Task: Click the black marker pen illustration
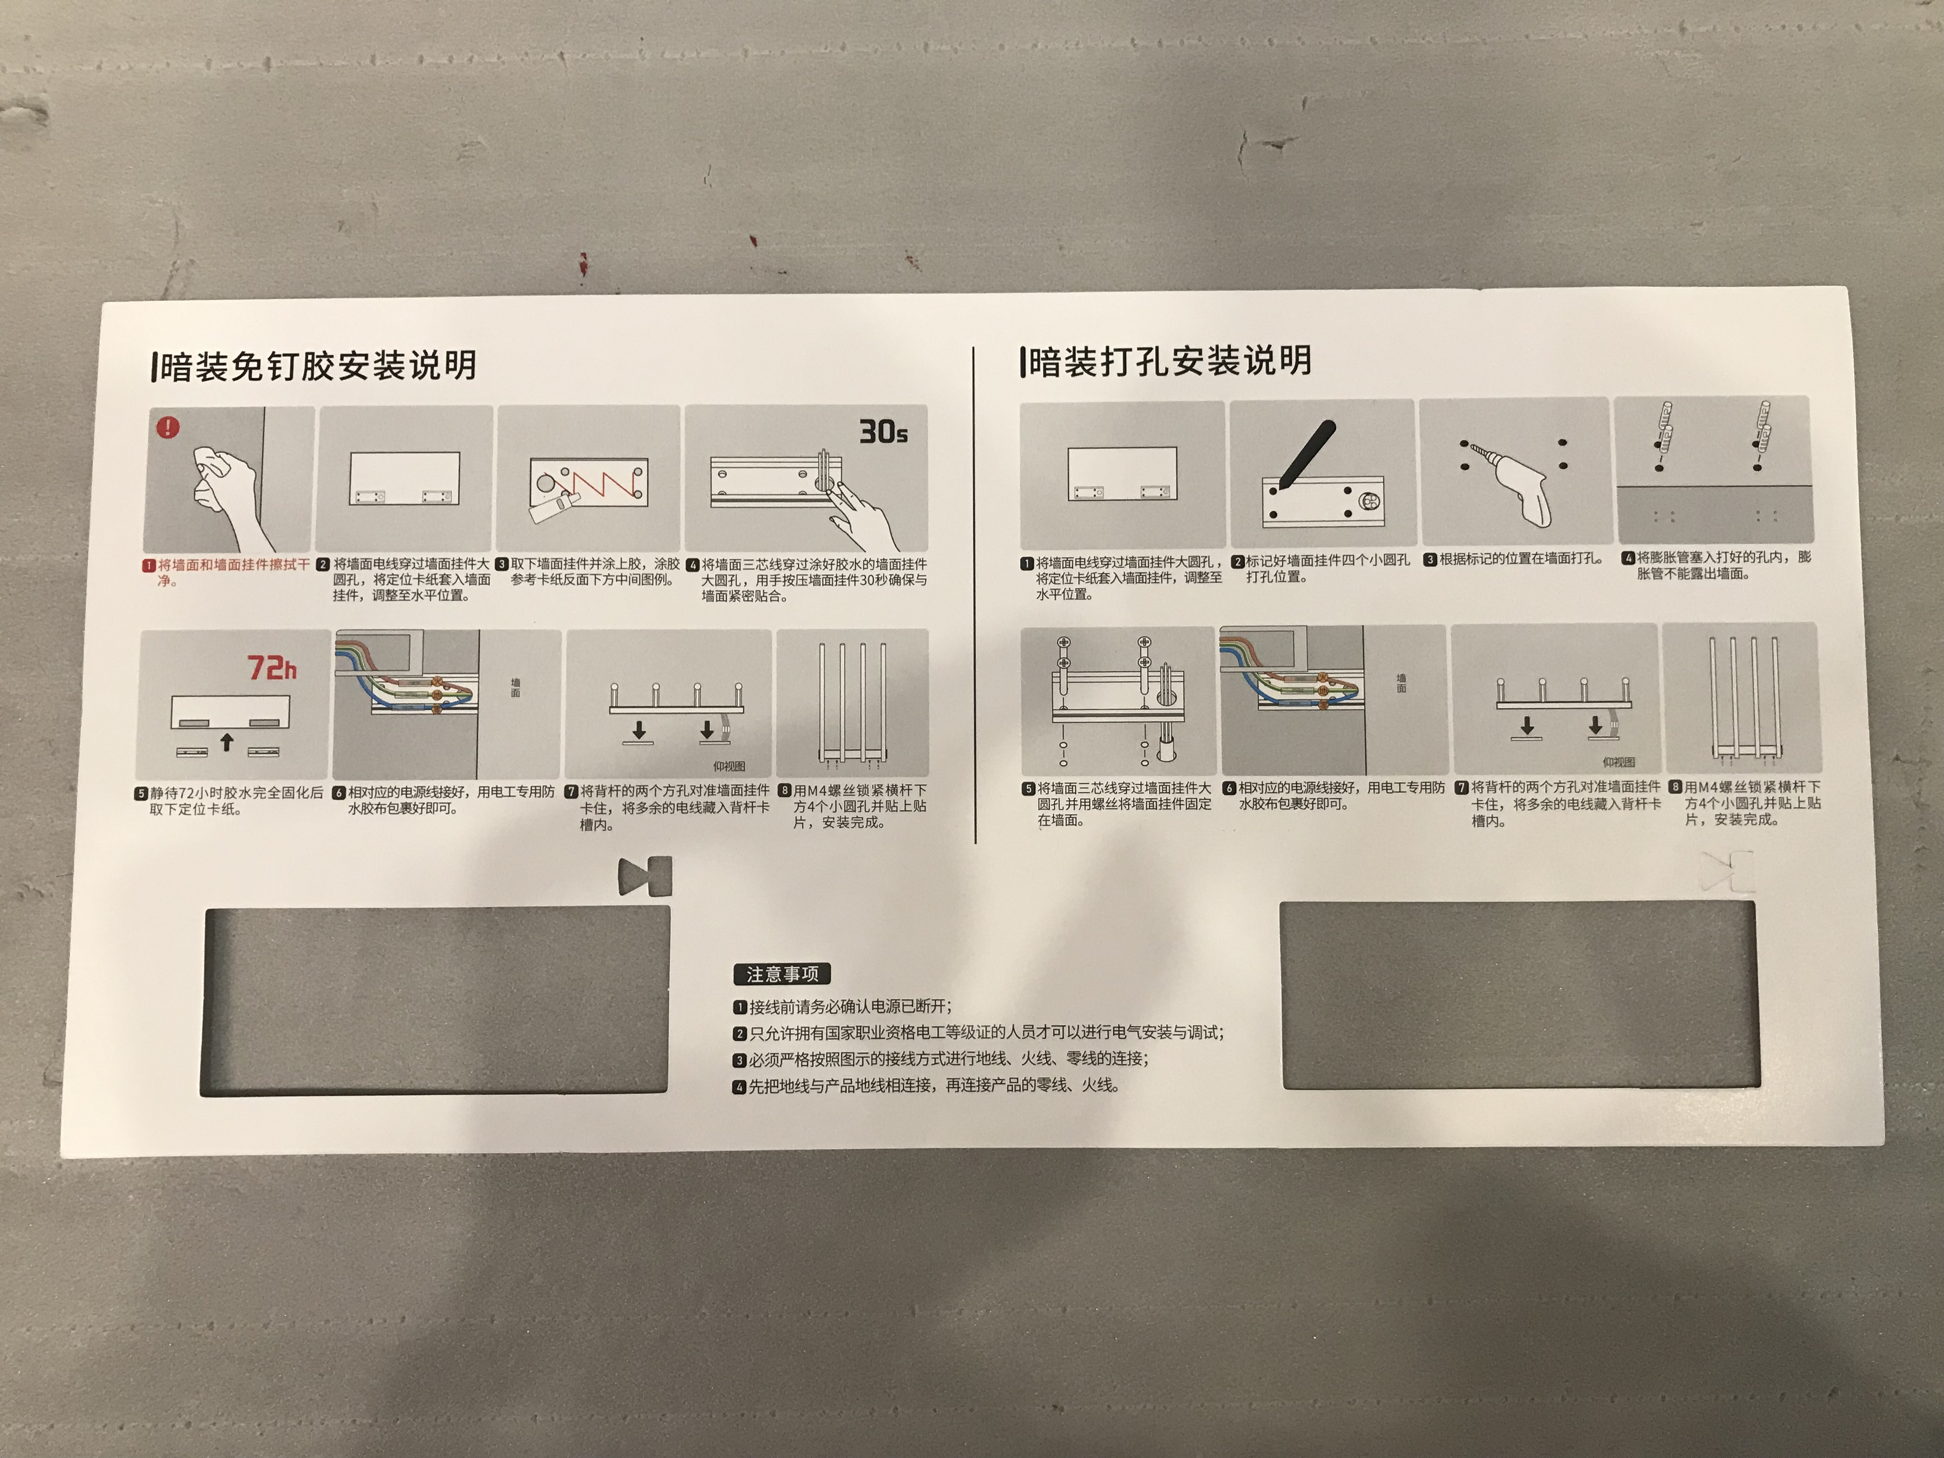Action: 1306,454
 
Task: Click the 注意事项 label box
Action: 781,974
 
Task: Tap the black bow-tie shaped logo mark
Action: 645,876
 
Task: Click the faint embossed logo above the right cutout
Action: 1727,871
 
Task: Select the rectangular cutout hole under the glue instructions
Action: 435,1001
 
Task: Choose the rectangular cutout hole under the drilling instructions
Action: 1520,995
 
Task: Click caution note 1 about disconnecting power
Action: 842,1006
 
